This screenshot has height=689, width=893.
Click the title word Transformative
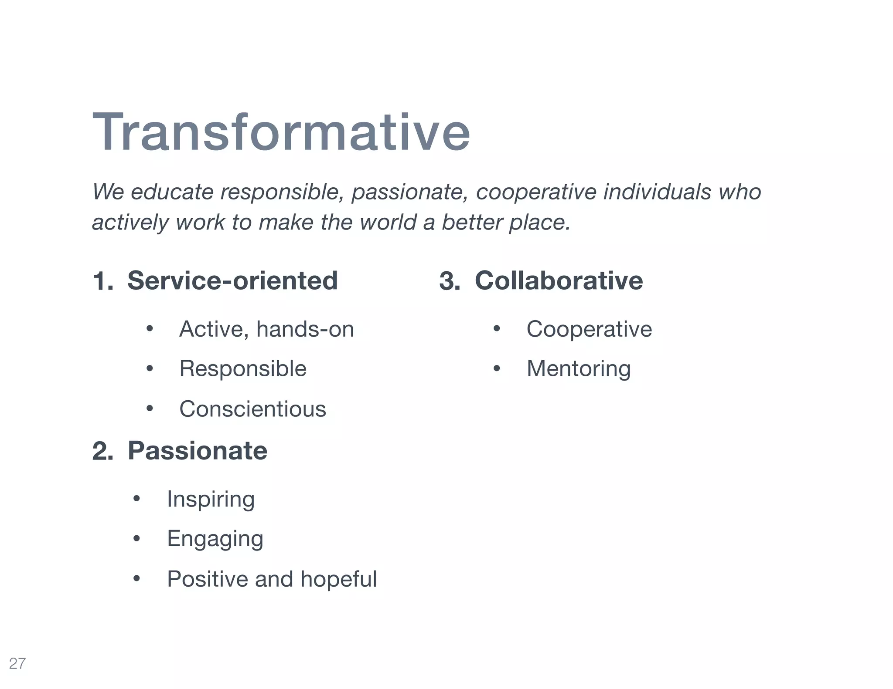click(281, 132)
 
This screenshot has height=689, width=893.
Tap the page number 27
click(17, 663)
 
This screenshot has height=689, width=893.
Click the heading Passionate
click(197, 450)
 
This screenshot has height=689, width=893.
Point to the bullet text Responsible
click(243, 368)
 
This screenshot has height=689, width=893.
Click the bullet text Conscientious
click(252, 409)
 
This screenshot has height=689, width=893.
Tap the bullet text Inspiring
click(211, 499)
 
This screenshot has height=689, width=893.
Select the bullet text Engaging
click(215, 539)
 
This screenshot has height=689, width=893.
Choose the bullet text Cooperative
click(589, 329)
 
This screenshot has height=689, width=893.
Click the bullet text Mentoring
click(579, 369)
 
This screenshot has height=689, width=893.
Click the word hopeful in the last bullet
click(338, 579)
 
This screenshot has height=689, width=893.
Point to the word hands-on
click(305, 329)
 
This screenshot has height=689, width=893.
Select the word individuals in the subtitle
click(657, 192)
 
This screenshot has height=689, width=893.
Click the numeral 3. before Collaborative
click(450, 281)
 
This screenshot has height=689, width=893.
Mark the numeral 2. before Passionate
click(103, 451)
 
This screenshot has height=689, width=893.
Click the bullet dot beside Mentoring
click(497, 369)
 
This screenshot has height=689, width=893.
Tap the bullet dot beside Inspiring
click(137, 499)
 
